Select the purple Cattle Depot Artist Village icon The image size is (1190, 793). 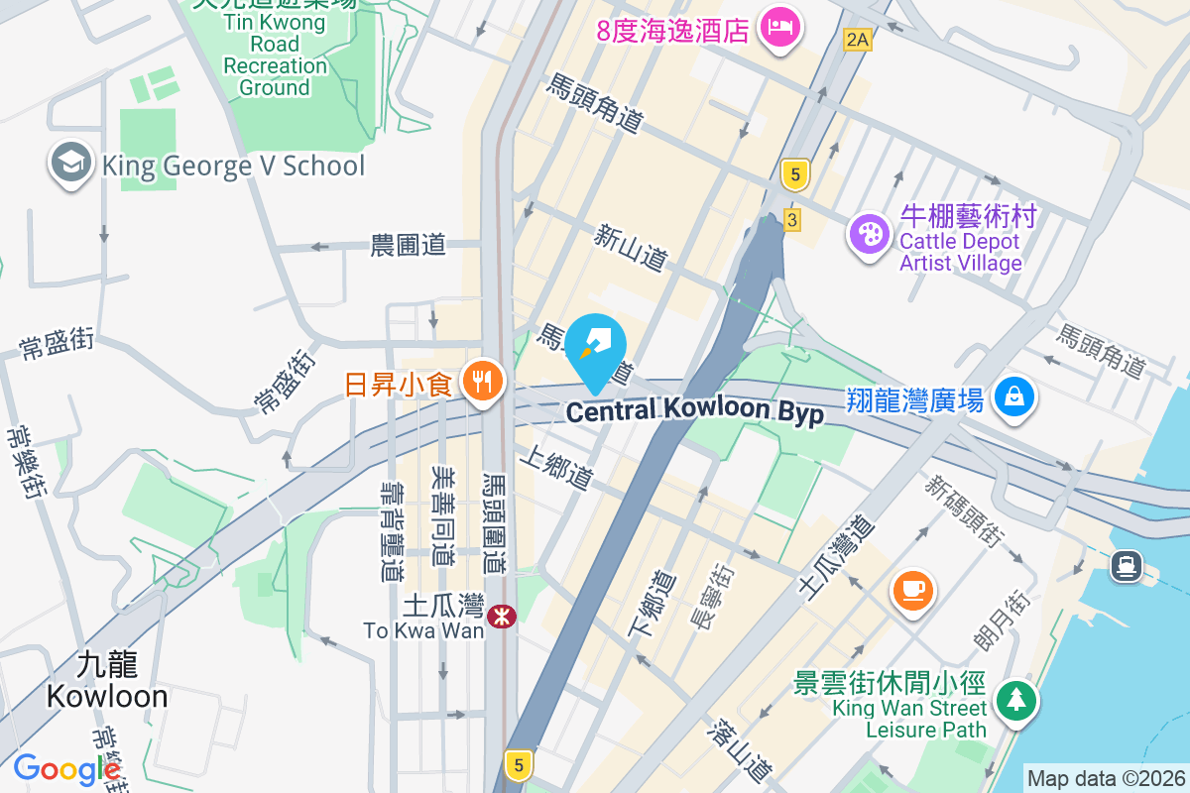[870, 235]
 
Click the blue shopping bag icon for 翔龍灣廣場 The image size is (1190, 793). [1013, 398]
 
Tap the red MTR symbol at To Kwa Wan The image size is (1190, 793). [503, 616]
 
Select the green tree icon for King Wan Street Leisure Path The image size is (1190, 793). [1014, 701]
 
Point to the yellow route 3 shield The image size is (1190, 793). [791, 220]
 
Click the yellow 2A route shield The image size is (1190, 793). [857, 40]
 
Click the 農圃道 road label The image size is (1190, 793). [408, 245]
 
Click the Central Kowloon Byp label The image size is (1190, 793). [694, 410]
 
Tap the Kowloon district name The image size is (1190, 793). [107, 680]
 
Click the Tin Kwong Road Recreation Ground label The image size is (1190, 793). [275, 55]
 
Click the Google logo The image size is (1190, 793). [65, 769]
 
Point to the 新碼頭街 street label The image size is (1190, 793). [964, 510]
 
